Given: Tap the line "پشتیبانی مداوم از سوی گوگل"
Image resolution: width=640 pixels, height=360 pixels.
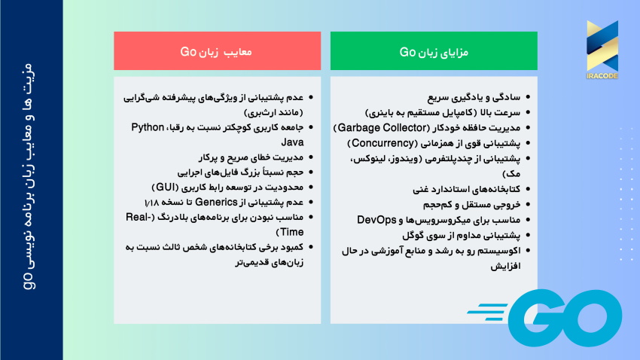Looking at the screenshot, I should pos(467,234).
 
